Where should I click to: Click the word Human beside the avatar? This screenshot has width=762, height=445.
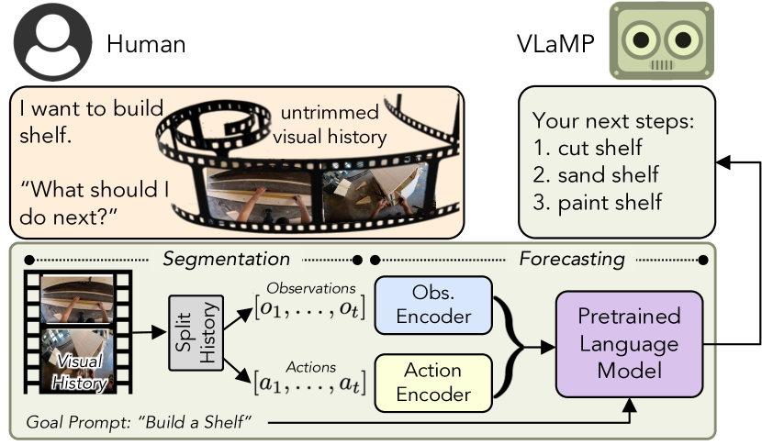147,43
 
